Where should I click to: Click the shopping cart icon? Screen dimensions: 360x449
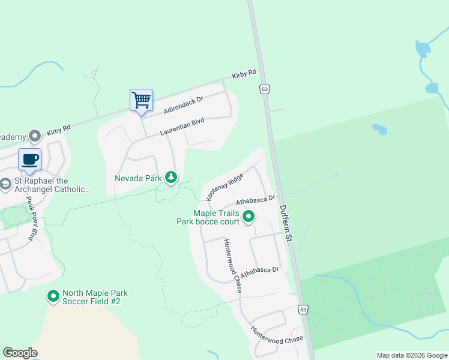tap(141, 100)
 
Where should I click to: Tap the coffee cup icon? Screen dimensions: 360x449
tap(29, 159)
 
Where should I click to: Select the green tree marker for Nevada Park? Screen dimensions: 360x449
tap(172, 177)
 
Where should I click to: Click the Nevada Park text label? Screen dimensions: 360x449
tap(139, 178)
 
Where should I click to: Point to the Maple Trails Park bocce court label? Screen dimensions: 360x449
tap(208, 217)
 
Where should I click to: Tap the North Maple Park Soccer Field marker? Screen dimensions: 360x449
tap(53, 296)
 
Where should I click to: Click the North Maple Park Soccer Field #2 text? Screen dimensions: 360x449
tap(95, 297)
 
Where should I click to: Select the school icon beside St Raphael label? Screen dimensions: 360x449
tap(5, 183)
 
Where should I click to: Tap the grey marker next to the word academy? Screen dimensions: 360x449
tap(34, 136)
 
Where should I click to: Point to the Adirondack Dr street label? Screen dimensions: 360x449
tap(184, 106)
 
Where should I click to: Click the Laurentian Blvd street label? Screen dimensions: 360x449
tap(182, 127)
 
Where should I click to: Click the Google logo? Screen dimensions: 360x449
tap(20, 353)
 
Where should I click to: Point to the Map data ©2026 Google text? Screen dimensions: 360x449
tap(411, 355)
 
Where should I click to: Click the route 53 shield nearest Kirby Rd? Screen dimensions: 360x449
tap(264, 89)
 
